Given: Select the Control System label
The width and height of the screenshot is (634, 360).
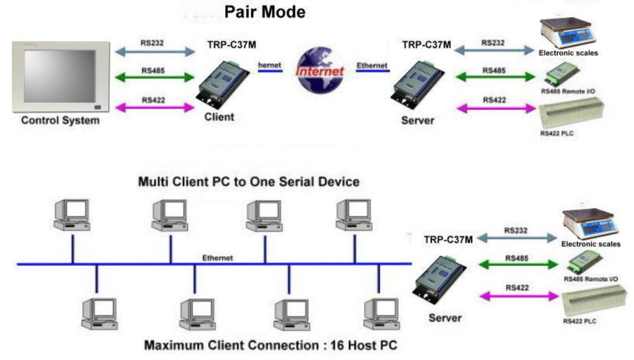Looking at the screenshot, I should pyautogui.click(x=60, y=120).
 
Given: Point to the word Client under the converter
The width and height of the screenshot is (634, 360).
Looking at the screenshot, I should pyautogui.click(x=219, y=117).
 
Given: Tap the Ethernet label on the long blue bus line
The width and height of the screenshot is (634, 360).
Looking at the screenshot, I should pyautogui.click(x=217, y=258).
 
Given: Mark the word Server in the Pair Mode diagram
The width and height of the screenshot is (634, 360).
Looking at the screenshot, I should pyautogui.click(x=418, y=120).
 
